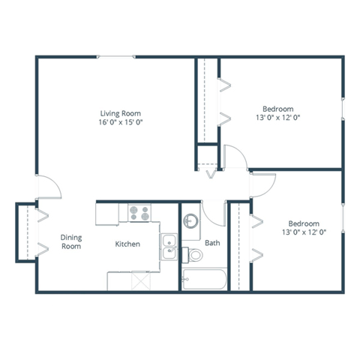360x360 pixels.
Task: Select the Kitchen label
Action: coord(127,244)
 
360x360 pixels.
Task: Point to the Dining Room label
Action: coord(70,241)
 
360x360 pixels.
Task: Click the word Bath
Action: coord(212,243)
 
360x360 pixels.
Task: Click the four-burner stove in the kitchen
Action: coord(139,212)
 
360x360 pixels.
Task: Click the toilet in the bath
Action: coord(193,255)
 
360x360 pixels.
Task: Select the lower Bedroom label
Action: coord(304,223)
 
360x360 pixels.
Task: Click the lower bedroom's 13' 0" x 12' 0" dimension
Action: coord(304,232)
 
